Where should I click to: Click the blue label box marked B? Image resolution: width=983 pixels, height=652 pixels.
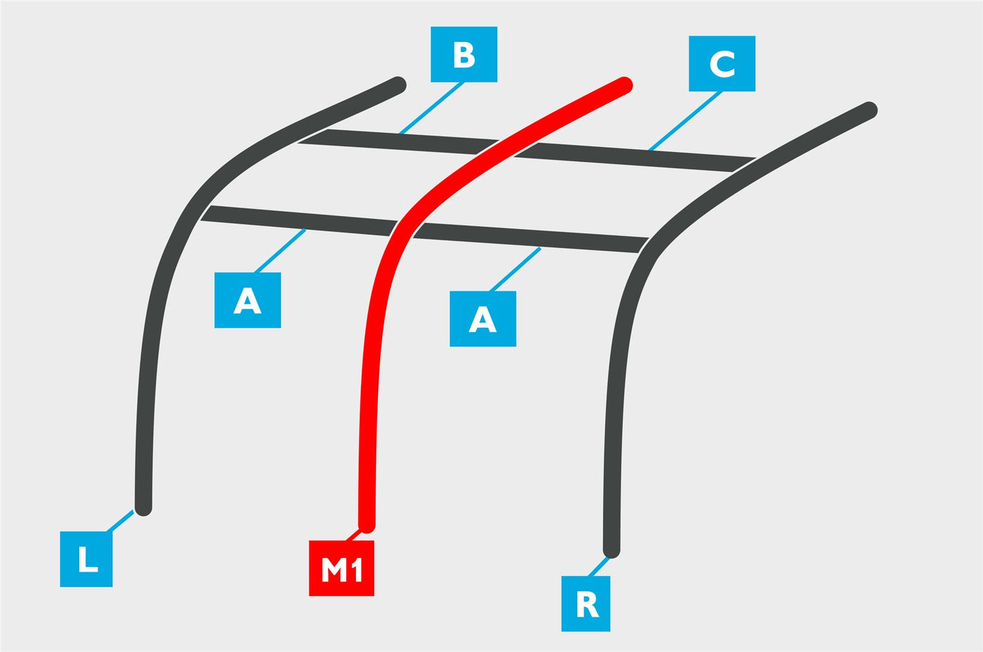coord(464,55)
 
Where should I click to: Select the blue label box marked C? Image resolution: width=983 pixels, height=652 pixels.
coord(722,64)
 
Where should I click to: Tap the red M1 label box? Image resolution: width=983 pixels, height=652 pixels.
coord(341,568)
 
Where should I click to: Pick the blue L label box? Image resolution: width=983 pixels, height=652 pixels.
coord(86,559)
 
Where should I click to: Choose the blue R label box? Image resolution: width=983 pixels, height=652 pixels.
coord(586,604)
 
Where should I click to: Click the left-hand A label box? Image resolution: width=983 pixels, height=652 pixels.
coord(247,300)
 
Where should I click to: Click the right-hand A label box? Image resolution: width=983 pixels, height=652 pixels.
coord(483,319)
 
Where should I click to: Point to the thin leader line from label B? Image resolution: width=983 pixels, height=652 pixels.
coord(431,108)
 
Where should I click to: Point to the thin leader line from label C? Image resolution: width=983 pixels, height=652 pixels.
coord(685,121)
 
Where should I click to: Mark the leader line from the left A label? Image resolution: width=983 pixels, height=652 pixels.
coord(280,251)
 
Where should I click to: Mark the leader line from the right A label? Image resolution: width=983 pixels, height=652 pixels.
coord(515,270)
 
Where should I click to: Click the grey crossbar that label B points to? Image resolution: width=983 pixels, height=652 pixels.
coord(398,141)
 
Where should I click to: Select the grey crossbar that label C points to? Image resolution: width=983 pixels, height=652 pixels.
coord(635,157)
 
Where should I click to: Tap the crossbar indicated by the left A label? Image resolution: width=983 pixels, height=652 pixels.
coord(299,220)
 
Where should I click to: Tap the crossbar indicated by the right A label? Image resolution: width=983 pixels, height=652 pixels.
coord(531,238)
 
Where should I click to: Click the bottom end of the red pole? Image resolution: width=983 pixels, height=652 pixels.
coord(367,525)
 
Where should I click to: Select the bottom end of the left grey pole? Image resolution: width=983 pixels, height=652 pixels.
coord(143,508)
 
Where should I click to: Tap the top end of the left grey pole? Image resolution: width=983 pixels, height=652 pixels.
coord(399,84)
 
